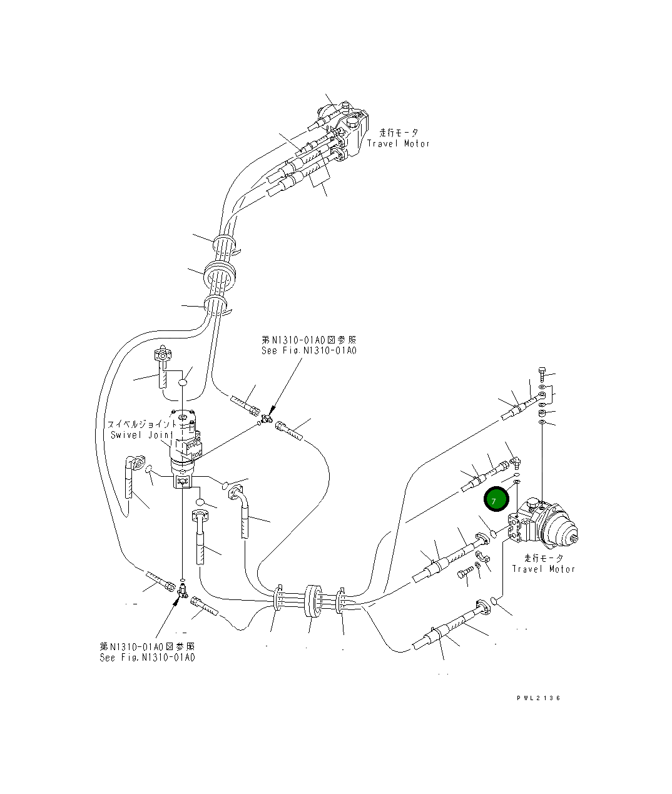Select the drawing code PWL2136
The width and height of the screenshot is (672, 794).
(x=538, y=698)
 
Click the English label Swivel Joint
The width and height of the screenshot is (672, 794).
(x=139, y=435)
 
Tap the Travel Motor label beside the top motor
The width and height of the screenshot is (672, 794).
(x=399, y=143)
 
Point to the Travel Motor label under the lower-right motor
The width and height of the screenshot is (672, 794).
(x=543, y=569)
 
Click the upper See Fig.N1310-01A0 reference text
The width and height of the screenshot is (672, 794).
(x=308, y=351)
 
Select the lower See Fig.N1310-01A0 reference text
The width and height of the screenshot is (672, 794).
(x=147, y=658)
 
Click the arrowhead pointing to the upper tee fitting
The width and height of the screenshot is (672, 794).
(x=271, y=412)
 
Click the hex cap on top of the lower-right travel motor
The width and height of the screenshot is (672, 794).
(x=532, y=502)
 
